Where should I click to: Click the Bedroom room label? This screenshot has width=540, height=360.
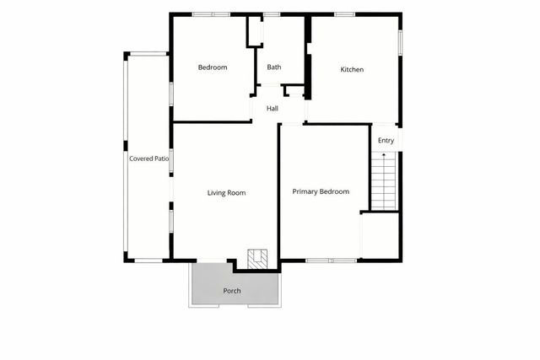[x=213, y=67]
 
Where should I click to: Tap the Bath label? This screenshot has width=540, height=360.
[x=274, y=67]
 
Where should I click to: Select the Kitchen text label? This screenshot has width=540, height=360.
[x=352, y=69]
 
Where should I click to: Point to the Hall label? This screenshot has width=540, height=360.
[x=273, y=109]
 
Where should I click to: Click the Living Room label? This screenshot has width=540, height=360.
[x=226, y=193]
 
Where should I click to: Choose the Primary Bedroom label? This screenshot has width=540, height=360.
[x=321, y=192]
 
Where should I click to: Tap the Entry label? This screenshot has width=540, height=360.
[x=386, y=141]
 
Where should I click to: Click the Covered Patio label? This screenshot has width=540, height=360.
[x=149, y=158]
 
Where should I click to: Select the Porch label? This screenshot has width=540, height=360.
[x=232, y=291]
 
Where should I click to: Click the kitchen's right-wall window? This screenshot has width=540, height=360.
[x=400, y=43]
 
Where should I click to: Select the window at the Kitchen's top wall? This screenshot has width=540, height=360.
[x=344, y=14]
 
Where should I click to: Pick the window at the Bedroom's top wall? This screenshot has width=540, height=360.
[x=211, y=14]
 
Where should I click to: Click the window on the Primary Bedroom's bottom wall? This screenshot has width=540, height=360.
[x=331, y=261]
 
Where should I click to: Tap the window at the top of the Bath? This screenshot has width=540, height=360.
[x=272, y=14]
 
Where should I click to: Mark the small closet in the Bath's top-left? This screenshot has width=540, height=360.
[x=254, y=31]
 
